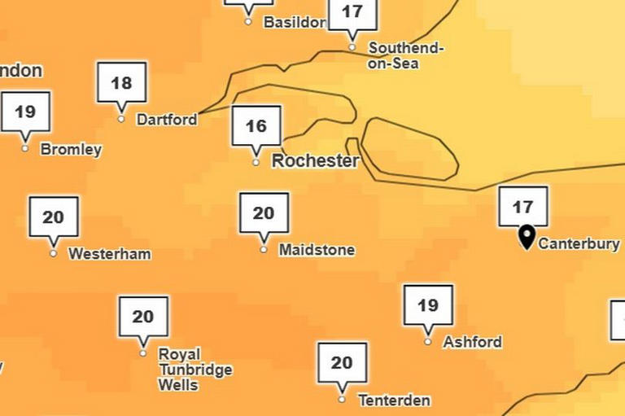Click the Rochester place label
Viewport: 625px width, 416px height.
[x=315, y=161]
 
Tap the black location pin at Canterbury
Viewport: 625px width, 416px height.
[x=527, y=237]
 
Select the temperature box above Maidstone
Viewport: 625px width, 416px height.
[x=264, y=213]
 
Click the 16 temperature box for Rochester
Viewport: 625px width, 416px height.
[x=256, y=126]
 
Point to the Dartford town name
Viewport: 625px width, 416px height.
[x=167, y=120]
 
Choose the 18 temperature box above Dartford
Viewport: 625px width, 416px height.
[x=121, y=83]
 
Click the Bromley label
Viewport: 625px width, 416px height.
[x=71, y=150]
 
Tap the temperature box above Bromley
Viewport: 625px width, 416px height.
[x=25, y=112]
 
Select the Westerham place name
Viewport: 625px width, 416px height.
[x=110, y=254]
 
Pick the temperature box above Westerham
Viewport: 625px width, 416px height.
[x=54, y=217]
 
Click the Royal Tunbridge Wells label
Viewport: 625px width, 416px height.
[x=194, y=370]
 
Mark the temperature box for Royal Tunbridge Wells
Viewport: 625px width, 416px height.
[x=143, y=317]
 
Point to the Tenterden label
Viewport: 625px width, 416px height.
[x=394, y=401]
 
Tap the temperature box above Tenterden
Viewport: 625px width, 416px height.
[x=342, y=363]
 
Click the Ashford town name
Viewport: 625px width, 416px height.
[x=472, y=343]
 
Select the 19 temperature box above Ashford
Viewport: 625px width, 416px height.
[x=428, y=305]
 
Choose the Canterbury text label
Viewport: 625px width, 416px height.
[x=579, y=243]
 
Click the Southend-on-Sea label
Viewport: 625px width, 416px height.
[x=406, y=55]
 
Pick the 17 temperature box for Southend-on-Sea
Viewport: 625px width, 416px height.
[x=352, y=13]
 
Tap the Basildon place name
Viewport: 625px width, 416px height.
[x=294, y=23]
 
